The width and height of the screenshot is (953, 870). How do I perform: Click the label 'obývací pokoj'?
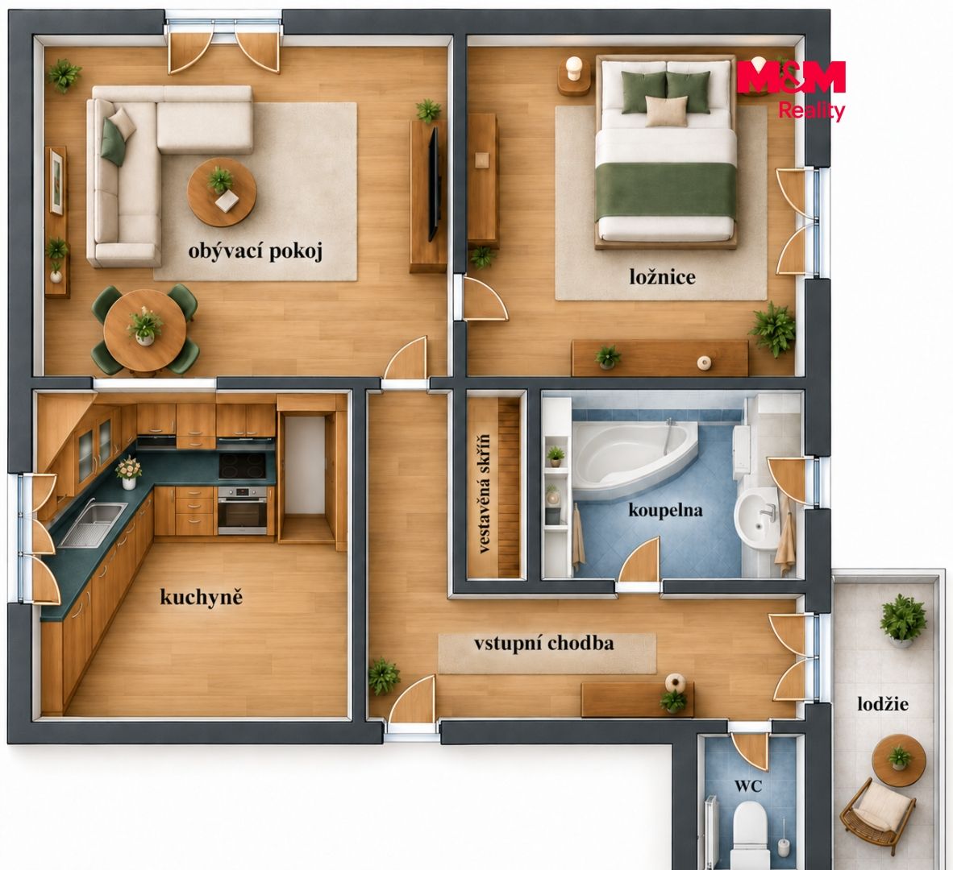255,251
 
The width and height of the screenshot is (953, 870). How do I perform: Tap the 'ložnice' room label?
663,277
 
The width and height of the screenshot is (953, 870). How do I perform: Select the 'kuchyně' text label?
202,597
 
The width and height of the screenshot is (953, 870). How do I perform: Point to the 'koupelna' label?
665,510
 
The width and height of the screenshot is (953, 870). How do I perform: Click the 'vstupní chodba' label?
544,644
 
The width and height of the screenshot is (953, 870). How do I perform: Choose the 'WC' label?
748,786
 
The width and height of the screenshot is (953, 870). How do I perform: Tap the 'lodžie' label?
883,704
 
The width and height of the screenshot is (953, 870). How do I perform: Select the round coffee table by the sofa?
221,193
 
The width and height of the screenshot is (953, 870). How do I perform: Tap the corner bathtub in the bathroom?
635,457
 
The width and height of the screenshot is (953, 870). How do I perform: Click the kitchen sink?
93,524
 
